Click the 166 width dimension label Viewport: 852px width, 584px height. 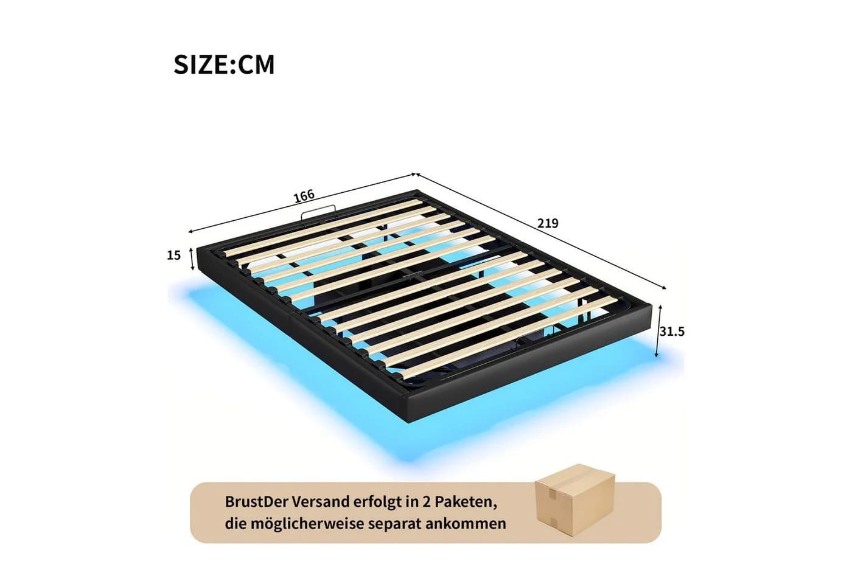tap(304, 195)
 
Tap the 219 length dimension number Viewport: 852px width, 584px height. tap(548, 223)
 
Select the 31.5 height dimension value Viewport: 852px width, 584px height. tap(672, 332)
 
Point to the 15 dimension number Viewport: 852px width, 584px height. tap(174, 255)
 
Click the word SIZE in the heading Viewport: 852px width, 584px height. tap(201, 64)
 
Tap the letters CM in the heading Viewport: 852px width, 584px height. tap(256, 64)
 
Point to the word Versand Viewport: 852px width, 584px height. tap(321, 501)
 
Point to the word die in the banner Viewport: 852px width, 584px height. tap(235, 524)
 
